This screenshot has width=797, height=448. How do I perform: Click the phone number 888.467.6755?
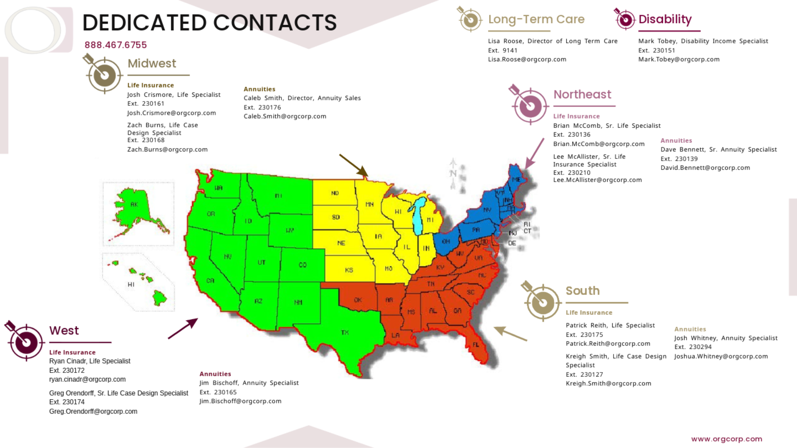(x=115, y=45)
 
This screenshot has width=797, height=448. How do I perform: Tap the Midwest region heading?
(x=152, y=63)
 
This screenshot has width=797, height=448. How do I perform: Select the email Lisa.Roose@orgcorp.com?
(x=527, y=59)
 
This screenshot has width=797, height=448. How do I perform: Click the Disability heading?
(x=665, y=19)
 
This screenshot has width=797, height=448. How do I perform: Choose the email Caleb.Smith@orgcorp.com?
(x=285, y=116)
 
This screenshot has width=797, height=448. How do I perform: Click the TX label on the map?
(x=345, y=332)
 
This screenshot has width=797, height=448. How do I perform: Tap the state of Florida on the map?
(x=475, y=344)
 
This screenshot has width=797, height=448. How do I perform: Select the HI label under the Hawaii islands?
(x=131, y=285)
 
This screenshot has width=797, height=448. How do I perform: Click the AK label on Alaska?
(x=134, y=204)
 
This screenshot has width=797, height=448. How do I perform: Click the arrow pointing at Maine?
(x=535, y=153)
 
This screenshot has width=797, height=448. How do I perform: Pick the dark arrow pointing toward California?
(x=183, y=329)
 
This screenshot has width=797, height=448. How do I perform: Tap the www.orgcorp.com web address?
(x=726, y=439)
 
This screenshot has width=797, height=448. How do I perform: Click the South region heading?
(x=582, y=291)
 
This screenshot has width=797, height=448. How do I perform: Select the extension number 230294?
(x=700, y=347)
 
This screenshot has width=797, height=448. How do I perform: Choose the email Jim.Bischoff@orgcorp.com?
(x=240, y=401)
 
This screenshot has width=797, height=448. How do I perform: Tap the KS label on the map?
(x=349, y=270)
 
